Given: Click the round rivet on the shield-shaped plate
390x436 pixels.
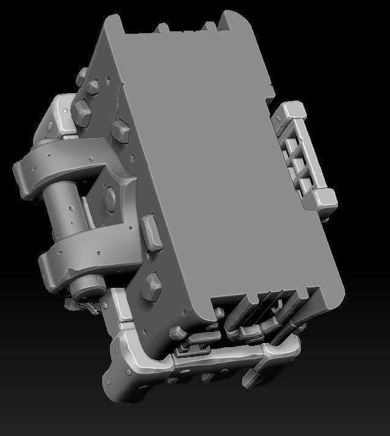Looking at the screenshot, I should tap(111, 197).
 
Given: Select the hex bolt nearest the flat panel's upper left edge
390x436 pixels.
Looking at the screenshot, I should tap(120, 129).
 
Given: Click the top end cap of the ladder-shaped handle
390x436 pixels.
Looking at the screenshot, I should tap(292, 111).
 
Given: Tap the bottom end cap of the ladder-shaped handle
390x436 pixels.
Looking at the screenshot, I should tap(325, 198).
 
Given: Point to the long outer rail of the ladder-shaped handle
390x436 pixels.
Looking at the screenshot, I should tap(312, 153).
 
